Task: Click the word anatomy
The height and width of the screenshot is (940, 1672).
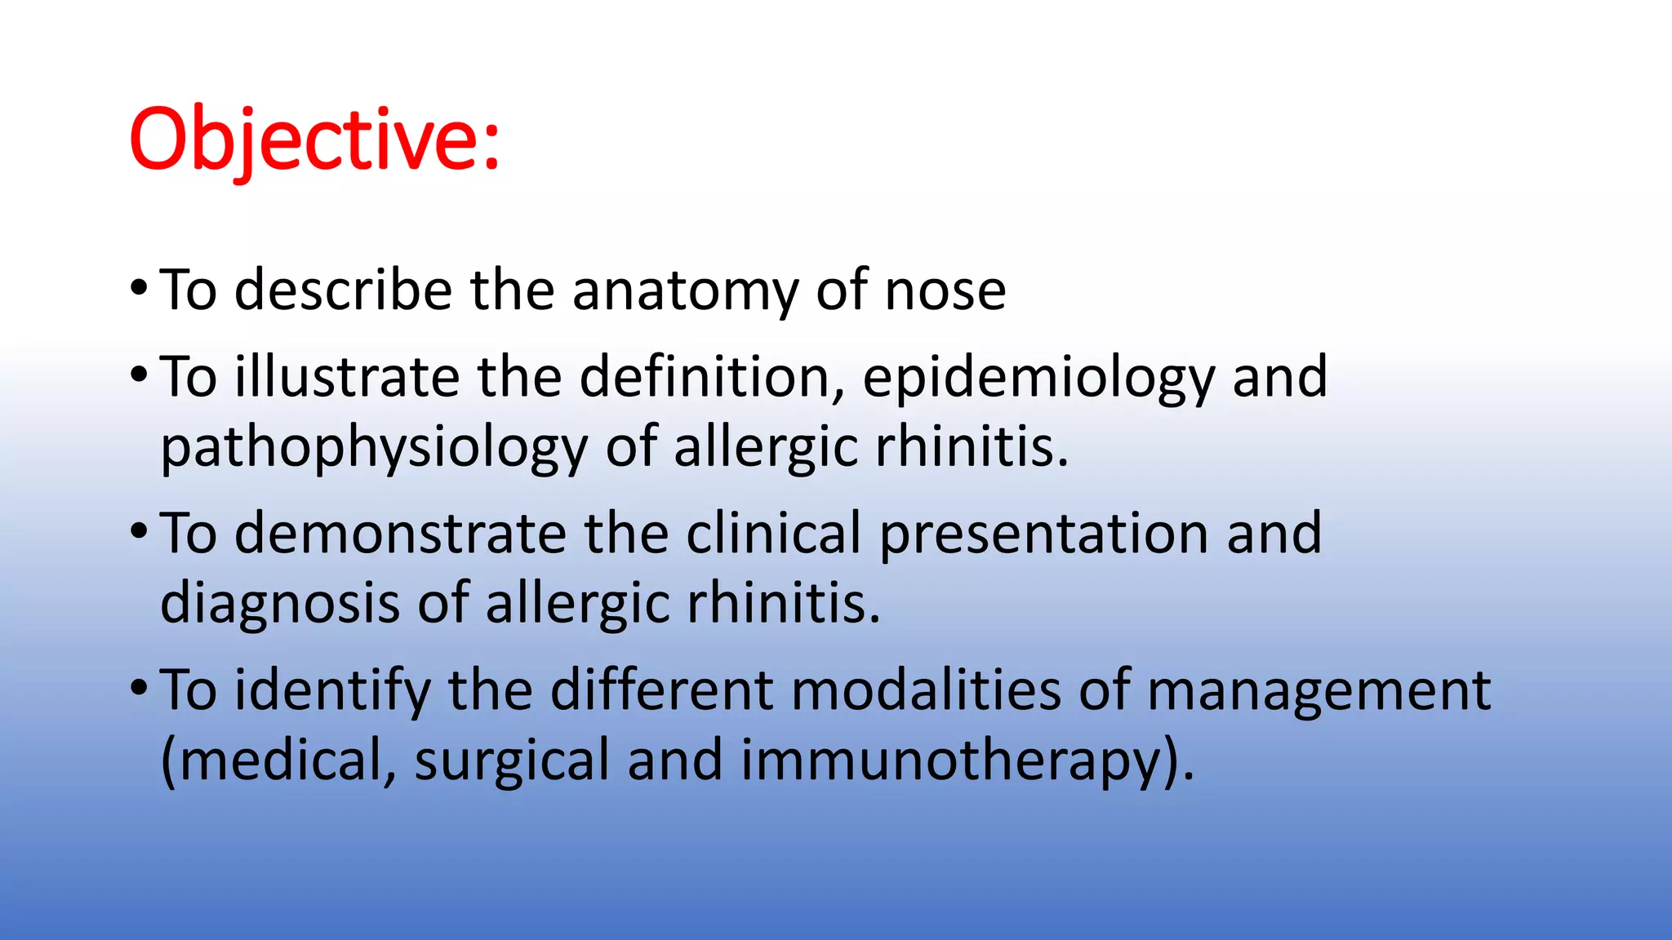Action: pos(684,290)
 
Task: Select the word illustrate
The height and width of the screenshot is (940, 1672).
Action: pos(347,377)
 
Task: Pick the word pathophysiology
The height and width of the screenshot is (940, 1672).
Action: pos(374,449)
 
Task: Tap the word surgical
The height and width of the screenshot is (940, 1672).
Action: pos(512,761)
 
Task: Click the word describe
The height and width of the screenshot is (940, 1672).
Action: pos(343,290)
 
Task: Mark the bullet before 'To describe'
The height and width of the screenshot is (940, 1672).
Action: pos(139,289)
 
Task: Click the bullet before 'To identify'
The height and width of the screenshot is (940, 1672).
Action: pos(139,688)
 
